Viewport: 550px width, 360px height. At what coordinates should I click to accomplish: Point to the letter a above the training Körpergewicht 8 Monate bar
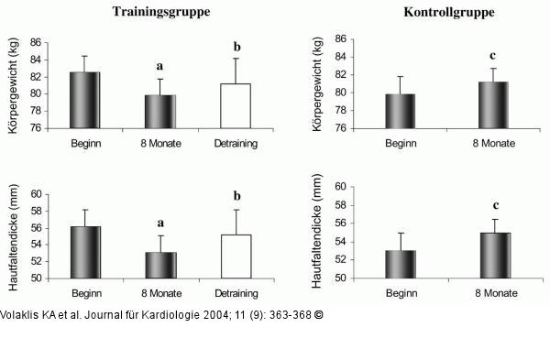pos(160,66)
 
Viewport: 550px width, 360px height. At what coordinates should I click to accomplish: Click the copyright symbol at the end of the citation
pos(320,314)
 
